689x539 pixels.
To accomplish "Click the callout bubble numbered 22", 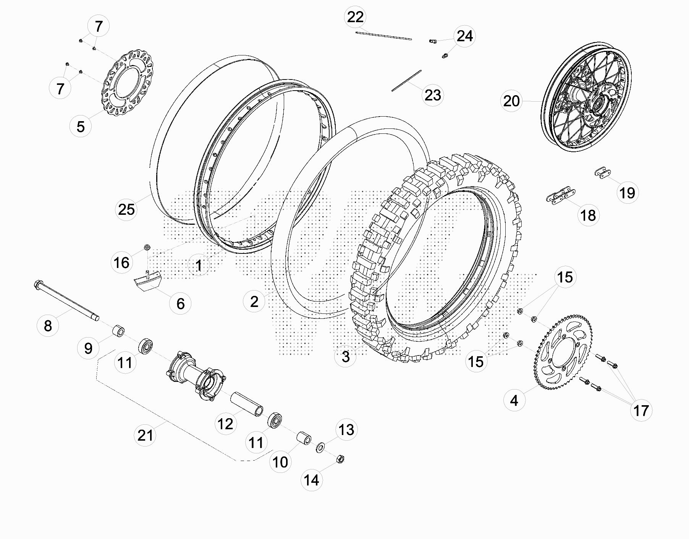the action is [x=355, y=17].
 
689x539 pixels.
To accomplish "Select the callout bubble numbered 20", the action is [x=511, y=101].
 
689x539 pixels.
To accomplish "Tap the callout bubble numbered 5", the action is [x=81, y=126].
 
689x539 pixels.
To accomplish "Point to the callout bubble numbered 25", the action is [x=126, y=209].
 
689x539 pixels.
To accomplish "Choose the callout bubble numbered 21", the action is [x=146, y=435].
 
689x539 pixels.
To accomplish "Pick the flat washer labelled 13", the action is [x=320, y=447].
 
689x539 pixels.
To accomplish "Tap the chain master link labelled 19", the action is [x=602, y=173].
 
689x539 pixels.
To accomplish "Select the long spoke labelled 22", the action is [x=383, y=36].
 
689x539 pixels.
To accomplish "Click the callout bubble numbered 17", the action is [x=641, y=411].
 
